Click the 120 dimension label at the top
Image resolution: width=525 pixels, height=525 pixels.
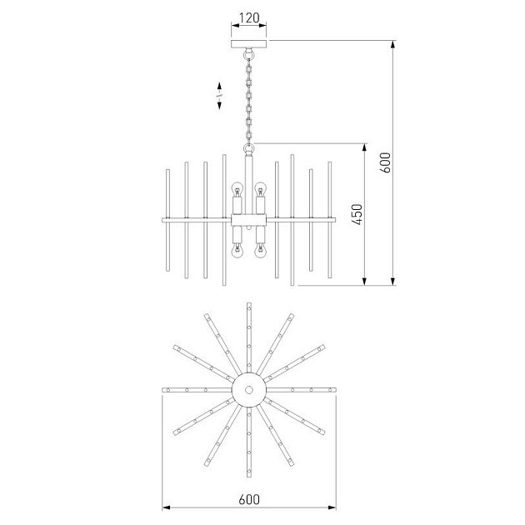[x=249, y=17]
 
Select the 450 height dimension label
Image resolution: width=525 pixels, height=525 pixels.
[x=357, y=214]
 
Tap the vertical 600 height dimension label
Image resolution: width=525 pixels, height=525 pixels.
[x=385, y=162]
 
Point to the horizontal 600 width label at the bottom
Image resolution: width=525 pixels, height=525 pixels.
[x=249, y=499]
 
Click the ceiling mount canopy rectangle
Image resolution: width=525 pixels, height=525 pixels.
[x=249, y=44]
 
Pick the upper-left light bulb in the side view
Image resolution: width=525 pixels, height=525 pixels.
[x=237, y=189]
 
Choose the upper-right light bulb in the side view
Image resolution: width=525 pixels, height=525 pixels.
[x=260, y=189]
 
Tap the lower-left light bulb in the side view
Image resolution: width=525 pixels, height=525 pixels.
[x=237, y=251]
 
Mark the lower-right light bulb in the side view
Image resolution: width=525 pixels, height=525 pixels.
[x=260, y=251]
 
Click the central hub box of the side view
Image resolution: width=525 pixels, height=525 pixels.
[x=249, y=220]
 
